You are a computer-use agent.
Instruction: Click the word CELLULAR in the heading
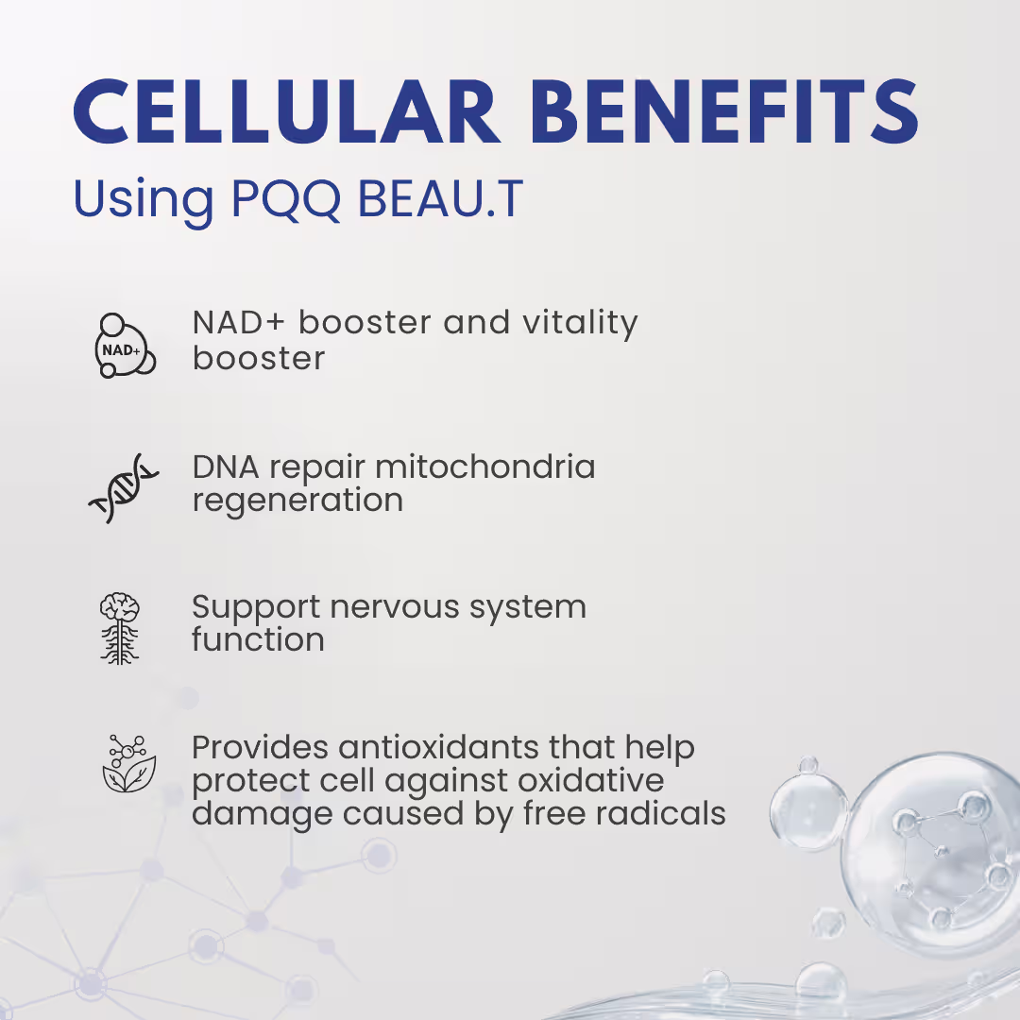pyautogui.click(x=287, y=111)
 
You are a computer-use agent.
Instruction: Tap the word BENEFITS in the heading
pyautogui.click(x=724, y=111)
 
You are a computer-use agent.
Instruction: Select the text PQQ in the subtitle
pyautogui.click(x=286, y=198)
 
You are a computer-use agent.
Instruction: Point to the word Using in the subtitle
pyautogui.click(x=144, y=200)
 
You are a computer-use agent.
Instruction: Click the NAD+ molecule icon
pyautogui.click(x=125, y=346)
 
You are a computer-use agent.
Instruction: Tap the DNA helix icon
pyautogui.click(x=124, y=488)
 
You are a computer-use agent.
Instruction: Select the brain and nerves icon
pyautogui.click(x=120, y=628)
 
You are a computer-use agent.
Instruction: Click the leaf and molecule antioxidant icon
pyautogui.click(x=128, y=764)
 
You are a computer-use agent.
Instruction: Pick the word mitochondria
pyautogui.click(x=485, y=467)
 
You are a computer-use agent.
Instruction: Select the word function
pyautogui.click(x=258, y=639)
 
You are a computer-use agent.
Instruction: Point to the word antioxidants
pyautogui.click(x=438, y=747)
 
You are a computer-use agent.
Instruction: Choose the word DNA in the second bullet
pyautogui.click(x=225, y=467)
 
